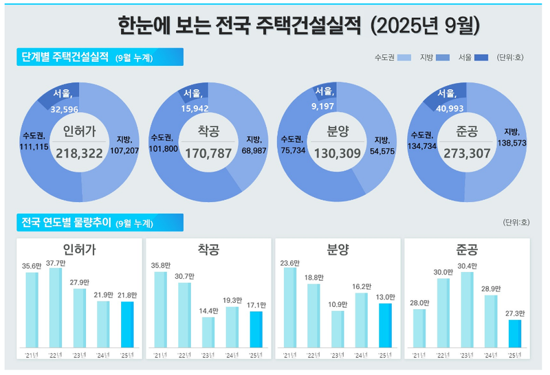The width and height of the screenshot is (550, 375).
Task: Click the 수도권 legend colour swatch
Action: click(404, 57)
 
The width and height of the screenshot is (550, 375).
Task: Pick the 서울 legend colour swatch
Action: click(481, 57)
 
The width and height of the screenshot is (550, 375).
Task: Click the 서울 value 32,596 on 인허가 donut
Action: click(64, 109)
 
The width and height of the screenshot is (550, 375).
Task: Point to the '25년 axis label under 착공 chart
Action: click(256, 354)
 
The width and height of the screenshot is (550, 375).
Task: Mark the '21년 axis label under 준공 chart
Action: click(419, 354)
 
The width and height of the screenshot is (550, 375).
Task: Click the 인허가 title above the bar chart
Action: click(78, 249)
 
